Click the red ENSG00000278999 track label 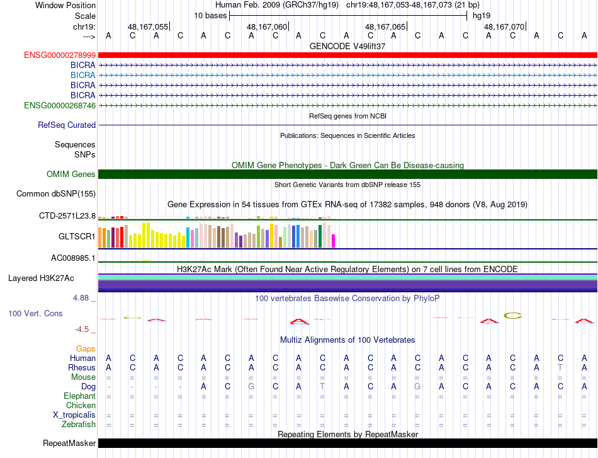[60, 55]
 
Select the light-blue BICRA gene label [82, 75]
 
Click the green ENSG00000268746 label [60, 105]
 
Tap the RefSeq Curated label [67, 125]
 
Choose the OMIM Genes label [71, 174]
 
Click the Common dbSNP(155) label [56, 193]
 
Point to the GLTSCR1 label [77, 237]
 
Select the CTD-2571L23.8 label [67, 216]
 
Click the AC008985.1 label [73, 258]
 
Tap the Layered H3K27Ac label [41, 278]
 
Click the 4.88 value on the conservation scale [81, 298]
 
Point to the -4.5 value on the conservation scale [82, 329]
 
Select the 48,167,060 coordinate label [267, 26]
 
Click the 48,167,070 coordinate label [504, 26]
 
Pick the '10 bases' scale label [210, 16]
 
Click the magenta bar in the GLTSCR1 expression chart [334, 241]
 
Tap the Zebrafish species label [79, 424]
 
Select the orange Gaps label [86, 348]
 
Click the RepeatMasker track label [69, 443]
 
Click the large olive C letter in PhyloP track [512, 316]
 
